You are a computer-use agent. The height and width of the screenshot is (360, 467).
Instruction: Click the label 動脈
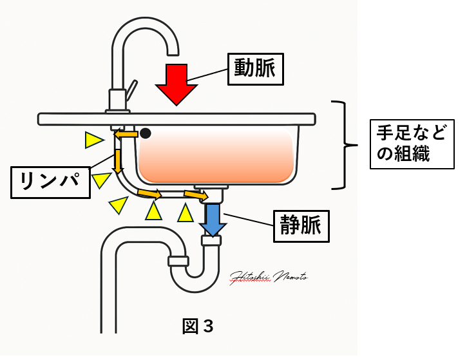[255, 68]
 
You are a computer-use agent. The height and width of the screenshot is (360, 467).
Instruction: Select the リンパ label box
[50, 181]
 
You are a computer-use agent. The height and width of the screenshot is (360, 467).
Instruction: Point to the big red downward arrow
[176, 84]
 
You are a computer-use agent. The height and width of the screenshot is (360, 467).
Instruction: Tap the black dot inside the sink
[146, 133]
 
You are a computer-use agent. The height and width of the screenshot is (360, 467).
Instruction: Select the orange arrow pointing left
[126, 134]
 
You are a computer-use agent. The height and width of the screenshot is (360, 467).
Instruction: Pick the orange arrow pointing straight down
[118, 160]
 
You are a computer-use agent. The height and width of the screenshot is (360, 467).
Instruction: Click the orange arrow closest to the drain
[196, 194]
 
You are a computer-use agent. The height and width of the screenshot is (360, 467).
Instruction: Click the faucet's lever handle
[131, 88]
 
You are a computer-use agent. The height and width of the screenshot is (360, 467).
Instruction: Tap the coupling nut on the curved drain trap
[178, 261]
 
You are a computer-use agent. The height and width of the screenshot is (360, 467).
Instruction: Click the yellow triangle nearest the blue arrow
[186, 212]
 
